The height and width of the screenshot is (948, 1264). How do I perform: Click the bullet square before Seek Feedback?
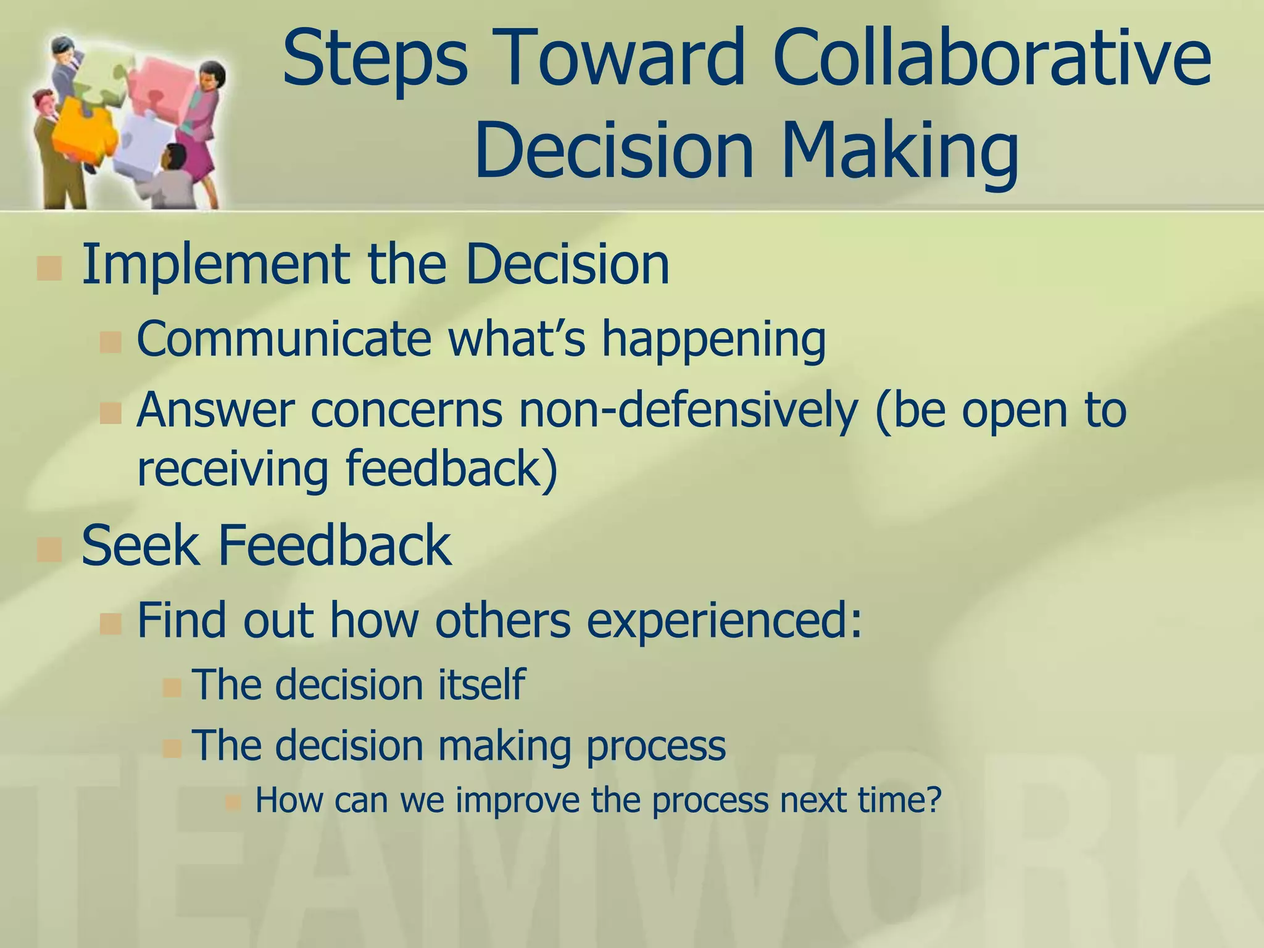coord(49,549)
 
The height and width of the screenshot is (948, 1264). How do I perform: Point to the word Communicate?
coord(284,339)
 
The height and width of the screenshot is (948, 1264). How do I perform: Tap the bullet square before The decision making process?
coord(172,749)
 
